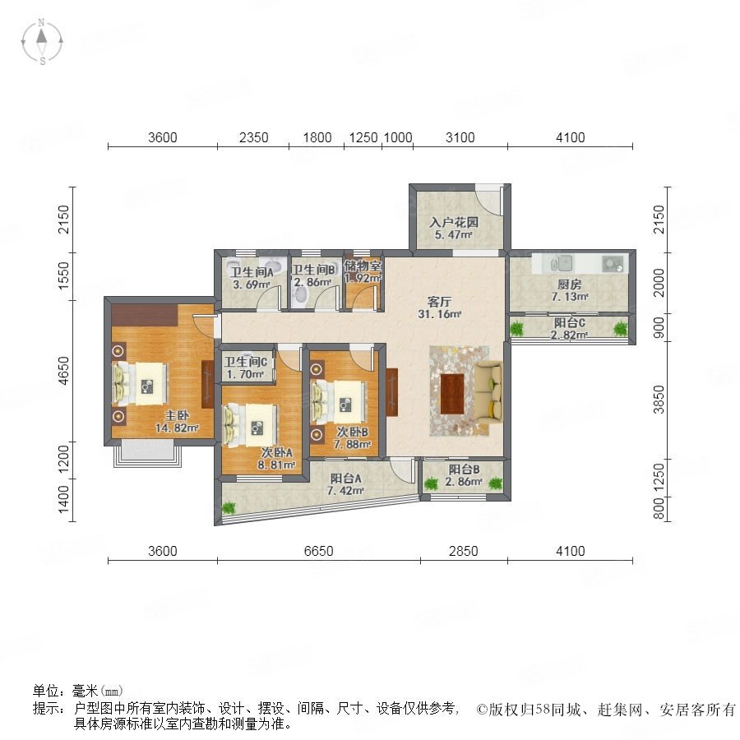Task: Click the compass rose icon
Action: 42,42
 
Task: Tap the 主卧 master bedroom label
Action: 177,416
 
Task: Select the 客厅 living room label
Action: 439,301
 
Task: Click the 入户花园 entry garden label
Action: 454,222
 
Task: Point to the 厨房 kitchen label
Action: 570,284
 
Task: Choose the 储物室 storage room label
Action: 363,266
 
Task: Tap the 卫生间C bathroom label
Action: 245,362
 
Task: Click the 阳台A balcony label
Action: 345,479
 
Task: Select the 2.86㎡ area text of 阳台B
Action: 464,482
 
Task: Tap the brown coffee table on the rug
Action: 452,394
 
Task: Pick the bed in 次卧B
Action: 339,403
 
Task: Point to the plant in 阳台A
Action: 229,508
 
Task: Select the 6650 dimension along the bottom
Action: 318,551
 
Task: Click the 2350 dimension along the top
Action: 253,137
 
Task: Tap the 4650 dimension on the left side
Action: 62,371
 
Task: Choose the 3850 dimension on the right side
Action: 659,400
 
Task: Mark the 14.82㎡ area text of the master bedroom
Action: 177,428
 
